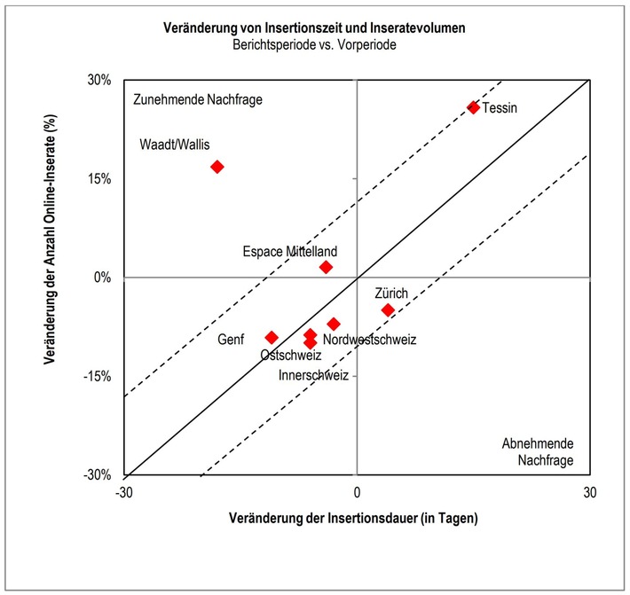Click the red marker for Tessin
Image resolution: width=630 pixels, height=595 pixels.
(473, 107)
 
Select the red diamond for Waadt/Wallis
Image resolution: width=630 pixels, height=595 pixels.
(217, 167)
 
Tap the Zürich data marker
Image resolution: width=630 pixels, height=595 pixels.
(388, 309)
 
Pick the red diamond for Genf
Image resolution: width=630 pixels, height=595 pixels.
(272, 338)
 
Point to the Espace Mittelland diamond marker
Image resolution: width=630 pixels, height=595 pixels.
(326, 267)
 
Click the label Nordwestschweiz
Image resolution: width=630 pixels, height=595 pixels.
(369, 339)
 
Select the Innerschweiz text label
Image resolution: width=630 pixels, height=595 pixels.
(313, 375)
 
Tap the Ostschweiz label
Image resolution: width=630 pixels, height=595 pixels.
(291, 356)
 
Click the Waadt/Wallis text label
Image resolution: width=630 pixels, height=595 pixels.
(175, 145)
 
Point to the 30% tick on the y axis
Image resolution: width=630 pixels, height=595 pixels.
(98, 80)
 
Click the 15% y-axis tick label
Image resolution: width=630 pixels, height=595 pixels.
(98, 178)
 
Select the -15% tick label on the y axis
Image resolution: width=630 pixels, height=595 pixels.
(97, 376)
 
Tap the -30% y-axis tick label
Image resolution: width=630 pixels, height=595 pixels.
(97, 475)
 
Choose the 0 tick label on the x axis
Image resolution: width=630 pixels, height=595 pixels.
(357, 492)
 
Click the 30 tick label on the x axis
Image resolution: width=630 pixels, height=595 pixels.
(588, 492)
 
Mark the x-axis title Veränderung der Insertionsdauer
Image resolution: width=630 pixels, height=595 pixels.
(353, 518)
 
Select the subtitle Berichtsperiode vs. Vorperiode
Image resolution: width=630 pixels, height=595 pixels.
(315, 45)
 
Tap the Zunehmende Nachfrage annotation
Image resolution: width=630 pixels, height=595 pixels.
(197, 100)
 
